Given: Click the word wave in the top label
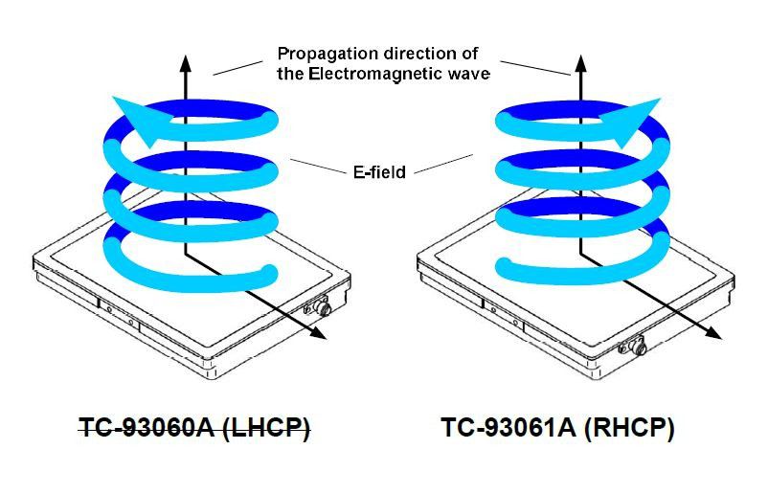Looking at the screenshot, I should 470,73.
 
